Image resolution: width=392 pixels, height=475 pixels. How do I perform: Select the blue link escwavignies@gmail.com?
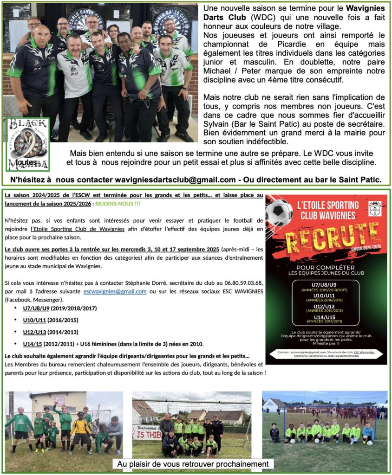115,291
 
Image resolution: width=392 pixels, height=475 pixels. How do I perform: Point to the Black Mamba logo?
28,144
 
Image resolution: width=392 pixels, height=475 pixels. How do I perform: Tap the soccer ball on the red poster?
279,212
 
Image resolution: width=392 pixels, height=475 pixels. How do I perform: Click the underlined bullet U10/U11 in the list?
34,320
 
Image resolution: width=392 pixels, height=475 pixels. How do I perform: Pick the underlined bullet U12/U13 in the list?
34,332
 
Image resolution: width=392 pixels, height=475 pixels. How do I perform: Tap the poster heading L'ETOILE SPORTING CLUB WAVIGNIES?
327,209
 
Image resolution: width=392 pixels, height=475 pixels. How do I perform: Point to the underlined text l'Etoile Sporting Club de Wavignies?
78,229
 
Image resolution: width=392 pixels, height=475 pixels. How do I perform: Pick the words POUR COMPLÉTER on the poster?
327,268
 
